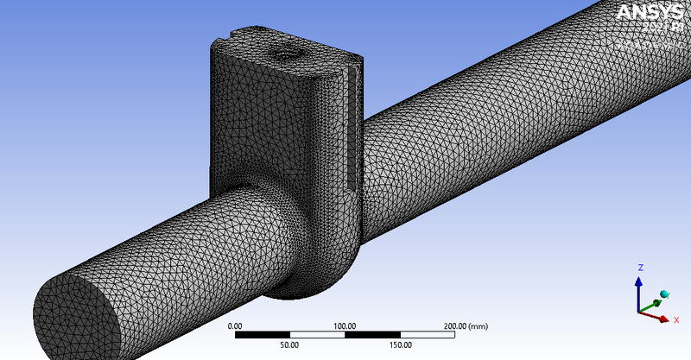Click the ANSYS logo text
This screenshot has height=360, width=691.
[648, 13]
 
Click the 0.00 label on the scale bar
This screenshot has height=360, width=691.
[234, 325]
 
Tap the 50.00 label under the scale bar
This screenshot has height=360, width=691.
[289, 344]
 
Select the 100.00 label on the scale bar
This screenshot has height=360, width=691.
[345, 325]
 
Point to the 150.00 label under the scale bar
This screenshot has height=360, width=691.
[400, 344]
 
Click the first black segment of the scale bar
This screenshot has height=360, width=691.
[262, 334]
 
